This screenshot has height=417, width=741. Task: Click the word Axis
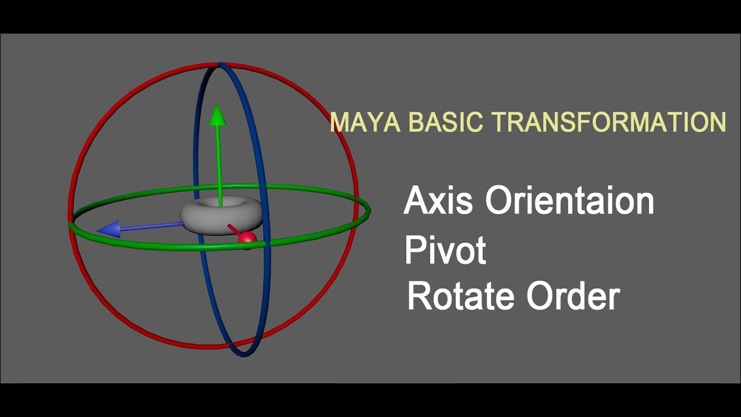coord(440,201)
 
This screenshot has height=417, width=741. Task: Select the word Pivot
coord(445,250)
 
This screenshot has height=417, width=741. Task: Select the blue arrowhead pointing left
coord(109,229)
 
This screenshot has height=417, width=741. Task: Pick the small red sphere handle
coord(247,238)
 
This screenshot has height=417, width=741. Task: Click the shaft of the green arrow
coord(219,162)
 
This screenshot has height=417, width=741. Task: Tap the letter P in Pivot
coord(414,250)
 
